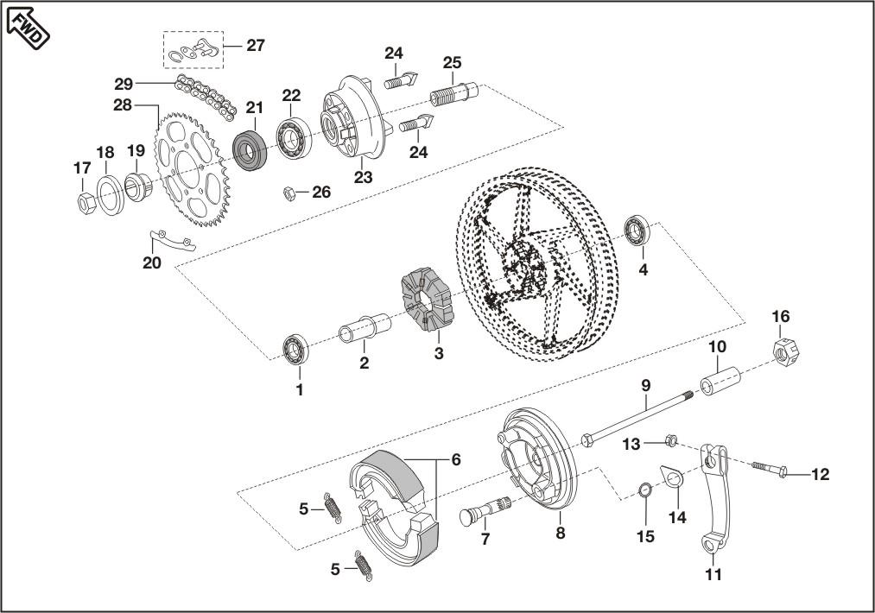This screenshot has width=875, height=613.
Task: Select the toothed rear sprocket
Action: [x=192, y=169]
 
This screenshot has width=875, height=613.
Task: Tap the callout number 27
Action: [x=256, y=45]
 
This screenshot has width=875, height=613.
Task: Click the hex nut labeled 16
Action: [x=786, y=351]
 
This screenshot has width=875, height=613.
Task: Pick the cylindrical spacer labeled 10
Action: [x=720, y=381]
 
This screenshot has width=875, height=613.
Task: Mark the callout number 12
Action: [x=821, y=475]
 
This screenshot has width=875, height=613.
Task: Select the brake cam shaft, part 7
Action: [x=485, y=511]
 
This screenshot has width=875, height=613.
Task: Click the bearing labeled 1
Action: [x=295, y=349]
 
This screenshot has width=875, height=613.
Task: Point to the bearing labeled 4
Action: [x=637, y=230]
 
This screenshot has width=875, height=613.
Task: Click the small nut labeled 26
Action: [x=289, y=193]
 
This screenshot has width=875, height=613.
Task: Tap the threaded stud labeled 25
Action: [x=454, y=94]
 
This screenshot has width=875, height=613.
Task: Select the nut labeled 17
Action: [x=86, y=203]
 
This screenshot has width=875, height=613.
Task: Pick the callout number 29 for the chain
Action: [x=124, y=85]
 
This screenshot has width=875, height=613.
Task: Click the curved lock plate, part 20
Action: [x=173, y=240]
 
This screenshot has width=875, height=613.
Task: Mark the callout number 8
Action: [x=561, y=534]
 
